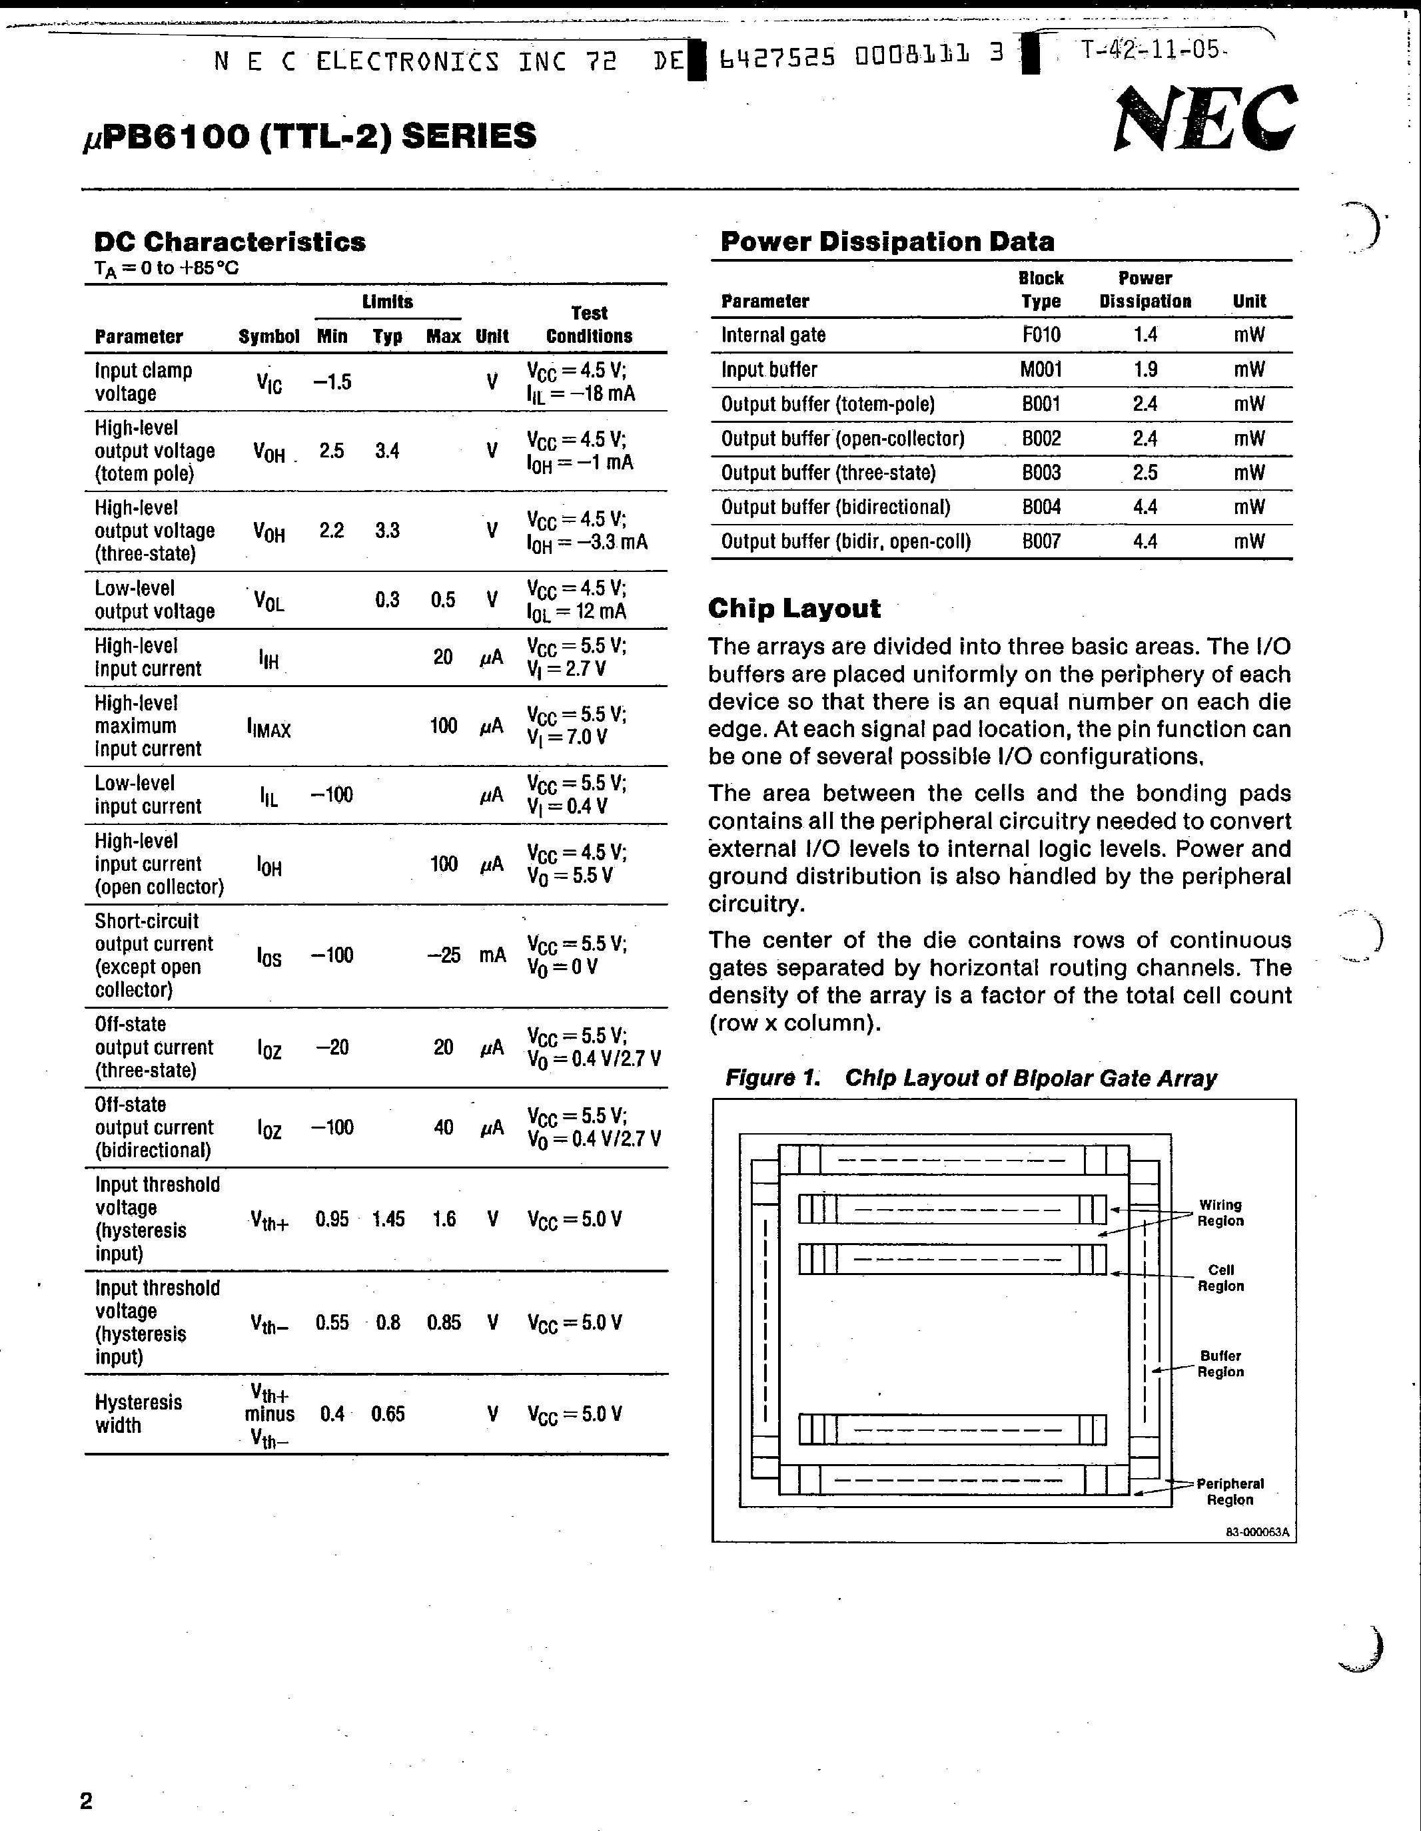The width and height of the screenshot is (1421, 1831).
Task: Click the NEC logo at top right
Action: tap(1204, 119)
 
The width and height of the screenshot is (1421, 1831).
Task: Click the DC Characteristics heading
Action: tap(230, 242)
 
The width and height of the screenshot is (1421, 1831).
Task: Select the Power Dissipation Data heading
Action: tap(887, 242)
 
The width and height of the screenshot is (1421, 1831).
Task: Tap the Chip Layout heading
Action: tap(793, 608)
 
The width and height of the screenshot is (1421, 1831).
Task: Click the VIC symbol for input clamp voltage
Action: tap(268, 383)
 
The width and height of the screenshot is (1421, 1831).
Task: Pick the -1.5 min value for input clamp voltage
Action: tap(332, 382)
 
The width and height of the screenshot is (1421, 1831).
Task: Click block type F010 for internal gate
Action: tap(1041, 336)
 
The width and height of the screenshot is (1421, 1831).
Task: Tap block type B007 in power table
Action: tap(1041, 541)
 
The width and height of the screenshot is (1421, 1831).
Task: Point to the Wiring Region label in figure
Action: tap(1220, 1213)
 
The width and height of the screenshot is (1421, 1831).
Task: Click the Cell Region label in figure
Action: tap(1220, 1278)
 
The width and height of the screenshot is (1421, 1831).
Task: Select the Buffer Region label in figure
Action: tap(1220, 1364)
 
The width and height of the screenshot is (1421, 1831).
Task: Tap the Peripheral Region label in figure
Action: tap(1229, 1491)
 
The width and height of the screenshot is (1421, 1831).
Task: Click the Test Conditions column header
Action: tap(589, 324)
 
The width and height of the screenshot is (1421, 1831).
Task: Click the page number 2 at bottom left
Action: tap(85, 1801)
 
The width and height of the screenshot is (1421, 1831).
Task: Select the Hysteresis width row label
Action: tap(138, 1414)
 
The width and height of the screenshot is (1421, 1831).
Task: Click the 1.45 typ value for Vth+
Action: tap(388, 1219)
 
